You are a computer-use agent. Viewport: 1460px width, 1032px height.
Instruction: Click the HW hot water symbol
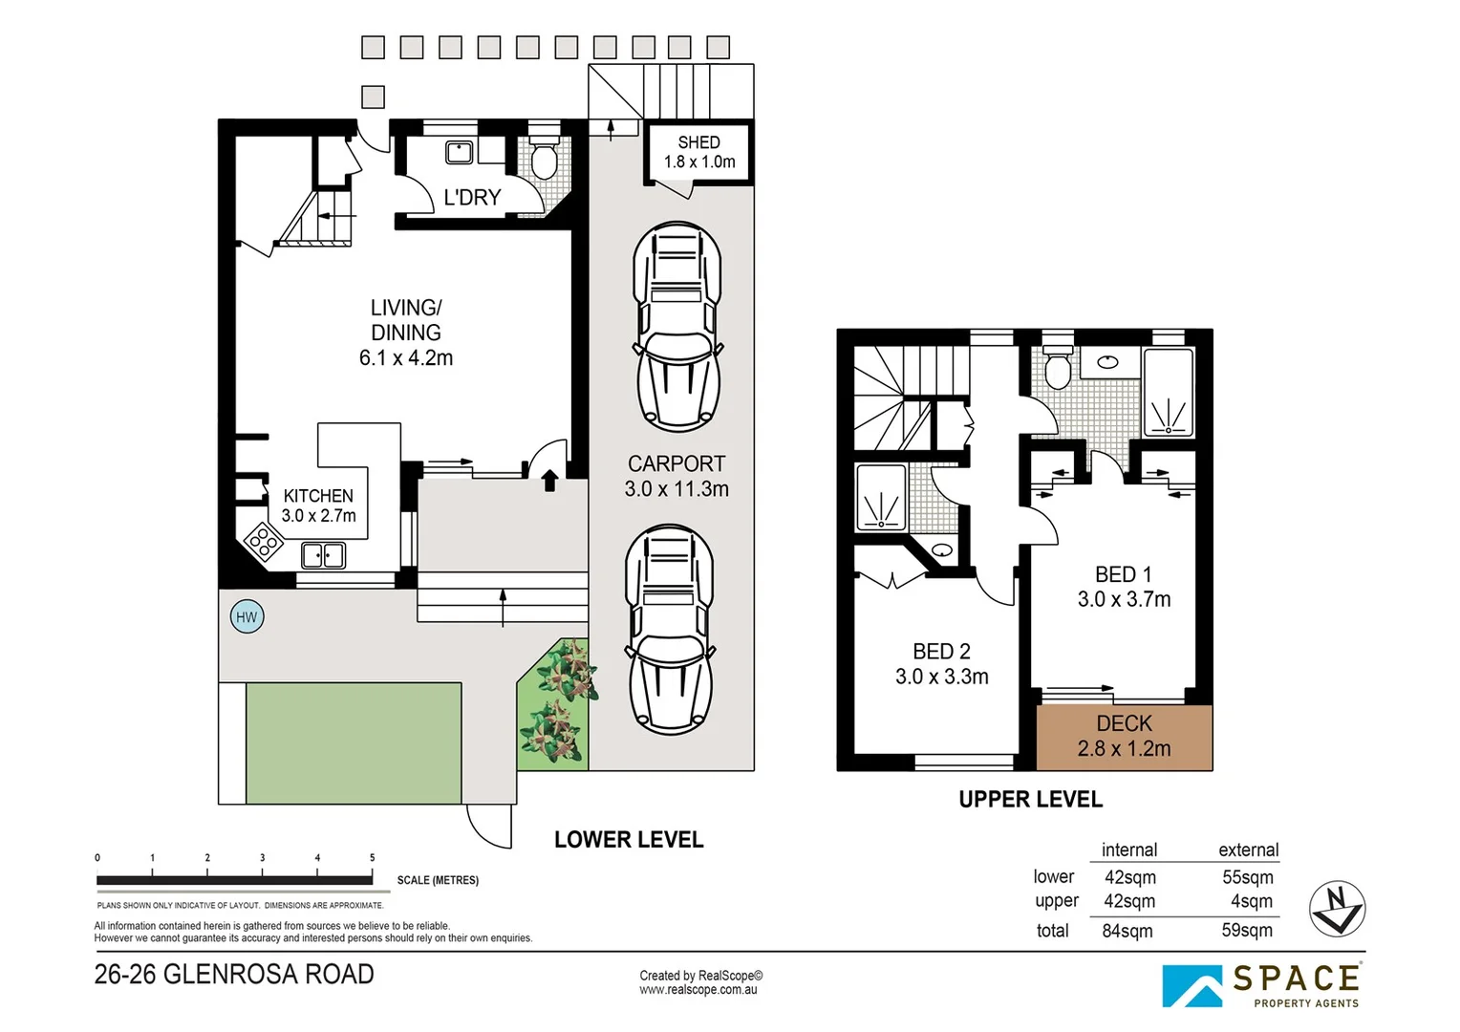pyautogui.click(x=247, y=616)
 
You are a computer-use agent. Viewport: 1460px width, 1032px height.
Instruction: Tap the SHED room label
pyautogui.click(x=698, y=142)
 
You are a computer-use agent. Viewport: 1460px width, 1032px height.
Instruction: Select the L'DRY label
pyautogui.click(x=472, y=197)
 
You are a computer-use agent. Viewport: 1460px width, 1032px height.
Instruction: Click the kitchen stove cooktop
pyautogui.click(x=264, y=541)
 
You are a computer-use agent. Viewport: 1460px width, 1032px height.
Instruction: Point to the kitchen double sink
pyautogui.click(x=323, y=556)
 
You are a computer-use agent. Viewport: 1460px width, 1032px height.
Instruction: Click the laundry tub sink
pyautogui.click(x=459, y=153)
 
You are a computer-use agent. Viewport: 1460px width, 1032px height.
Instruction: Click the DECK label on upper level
pyautogui.click(x=1125, y=723)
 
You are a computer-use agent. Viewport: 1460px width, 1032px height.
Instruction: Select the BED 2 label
pyautogui.click(x=941, y=652)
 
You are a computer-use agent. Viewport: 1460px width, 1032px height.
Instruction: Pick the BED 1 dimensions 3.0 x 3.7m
pyautogui.click(x=1125, y=599)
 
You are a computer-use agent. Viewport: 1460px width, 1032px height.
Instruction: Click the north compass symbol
pyautogui.click(x=1338, y=908)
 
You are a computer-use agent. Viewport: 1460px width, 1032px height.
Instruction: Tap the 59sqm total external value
pyautogui.click(x=1247, y=931)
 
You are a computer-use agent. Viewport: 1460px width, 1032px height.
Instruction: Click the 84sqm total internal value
pyautogui.click(x=1127, y=931)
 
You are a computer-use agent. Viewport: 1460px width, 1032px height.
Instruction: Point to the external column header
pyautogui.click(x=1249, y=850)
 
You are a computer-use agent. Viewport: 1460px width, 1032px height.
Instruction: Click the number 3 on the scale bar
pyautogui.click(x=263, y=858)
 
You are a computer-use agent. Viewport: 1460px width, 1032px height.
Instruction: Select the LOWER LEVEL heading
pyautogui.click(x=629, y=840)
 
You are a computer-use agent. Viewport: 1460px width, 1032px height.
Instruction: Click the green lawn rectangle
pyautogui.click(x=354, y=743)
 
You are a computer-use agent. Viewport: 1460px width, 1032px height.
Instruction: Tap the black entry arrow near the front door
pyautogui.click(x=549, y=481)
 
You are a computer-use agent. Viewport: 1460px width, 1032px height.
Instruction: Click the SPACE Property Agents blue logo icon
pyautogui.click(x=1192, y=986)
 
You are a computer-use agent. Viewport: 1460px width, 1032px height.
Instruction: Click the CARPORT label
pyautogui.click(x=676, y=463)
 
